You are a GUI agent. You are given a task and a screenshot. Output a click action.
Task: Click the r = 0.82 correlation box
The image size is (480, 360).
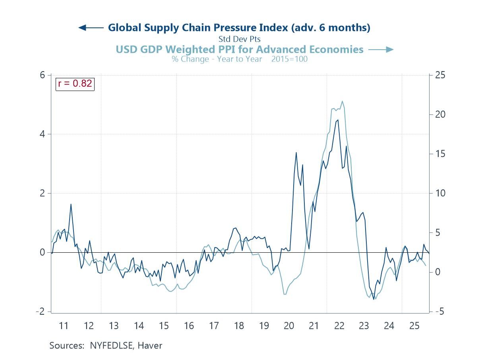pyautogui.click(x=75, y=83)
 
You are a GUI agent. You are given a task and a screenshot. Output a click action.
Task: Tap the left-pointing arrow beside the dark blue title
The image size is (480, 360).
pyautogui.click(x=91, y=27)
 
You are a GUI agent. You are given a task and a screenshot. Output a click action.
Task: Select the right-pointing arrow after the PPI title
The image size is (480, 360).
pyautogui.click(x=381, y=49)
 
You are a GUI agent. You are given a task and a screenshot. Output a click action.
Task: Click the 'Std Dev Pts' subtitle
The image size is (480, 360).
pyautogui.click(x=239, y=39)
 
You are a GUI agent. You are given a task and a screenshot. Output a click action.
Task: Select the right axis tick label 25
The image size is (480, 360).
pyautogui.click(x=439, y=75)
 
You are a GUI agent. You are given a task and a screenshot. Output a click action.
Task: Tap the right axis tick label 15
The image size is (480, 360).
pyautogui.click(x=439, y=154)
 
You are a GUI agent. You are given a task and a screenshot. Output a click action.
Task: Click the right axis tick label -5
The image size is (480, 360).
pyautogui.click(x=439, y=312)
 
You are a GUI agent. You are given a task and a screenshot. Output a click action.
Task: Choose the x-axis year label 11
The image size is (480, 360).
pyautogui.click(x=64, y=326)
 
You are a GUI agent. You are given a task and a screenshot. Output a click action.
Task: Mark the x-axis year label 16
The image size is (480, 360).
pyautogui.click(x=189, y=326)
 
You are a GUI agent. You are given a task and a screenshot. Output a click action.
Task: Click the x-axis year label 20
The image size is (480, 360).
pyautogui.click(x=289, y=326)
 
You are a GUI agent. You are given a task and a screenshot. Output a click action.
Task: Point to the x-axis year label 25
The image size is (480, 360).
pyautogui.click(x=414, y=326)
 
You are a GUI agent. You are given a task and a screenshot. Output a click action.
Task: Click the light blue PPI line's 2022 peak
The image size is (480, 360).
pyautogui.click(x=342, y=101)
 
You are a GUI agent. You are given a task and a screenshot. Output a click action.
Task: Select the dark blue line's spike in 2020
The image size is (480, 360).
pyautogui.click(x=296, y=153)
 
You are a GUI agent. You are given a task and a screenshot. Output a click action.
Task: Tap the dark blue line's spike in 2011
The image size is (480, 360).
pyautogui.click(x=71, y=204)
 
